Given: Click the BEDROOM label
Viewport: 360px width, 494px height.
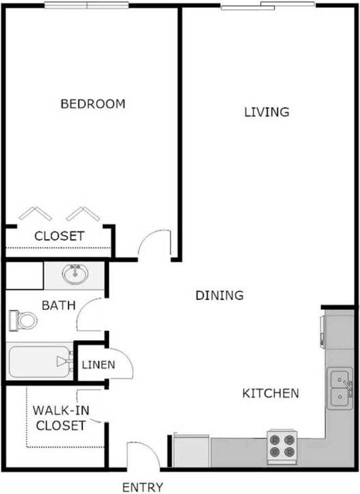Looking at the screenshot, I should (93, 104).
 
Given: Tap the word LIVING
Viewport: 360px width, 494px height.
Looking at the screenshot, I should (267, 112).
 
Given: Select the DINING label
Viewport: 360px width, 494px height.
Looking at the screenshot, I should (220, 295).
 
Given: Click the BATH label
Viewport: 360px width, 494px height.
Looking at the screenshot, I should (59, 305).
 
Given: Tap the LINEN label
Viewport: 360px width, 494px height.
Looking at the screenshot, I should (98, 365).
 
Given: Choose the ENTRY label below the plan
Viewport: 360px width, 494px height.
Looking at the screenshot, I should (143, 487).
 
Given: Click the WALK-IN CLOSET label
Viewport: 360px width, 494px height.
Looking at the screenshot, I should (59, 418).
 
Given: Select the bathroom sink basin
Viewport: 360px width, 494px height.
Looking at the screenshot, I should (75, 274).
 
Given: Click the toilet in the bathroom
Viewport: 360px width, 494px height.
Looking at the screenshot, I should (23, 321).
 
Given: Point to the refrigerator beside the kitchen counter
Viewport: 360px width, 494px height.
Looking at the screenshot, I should (192, 451).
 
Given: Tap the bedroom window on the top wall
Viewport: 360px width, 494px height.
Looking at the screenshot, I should (86, 5).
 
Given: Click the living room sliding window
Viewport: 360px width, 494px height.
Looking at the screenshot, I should (267, 6).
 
